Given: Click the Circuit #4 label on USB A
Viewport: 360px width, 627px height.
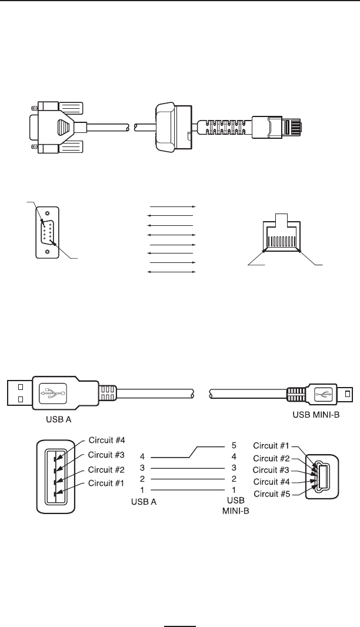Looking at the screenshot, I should tap(106, 439).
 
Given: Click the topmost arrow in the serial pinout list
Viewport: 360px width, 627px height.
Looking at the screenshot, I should tap(172, 207).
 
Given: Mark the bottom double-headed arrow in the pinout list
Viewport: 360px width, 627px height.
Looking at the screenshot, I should tap(172, 272).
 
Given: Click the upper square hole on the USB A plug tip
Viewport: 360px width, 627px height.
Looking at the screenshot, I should tap(19, 387).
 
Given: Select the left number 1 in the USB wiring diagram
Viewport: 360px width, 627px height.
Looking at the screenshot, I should tap(142, 489).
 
